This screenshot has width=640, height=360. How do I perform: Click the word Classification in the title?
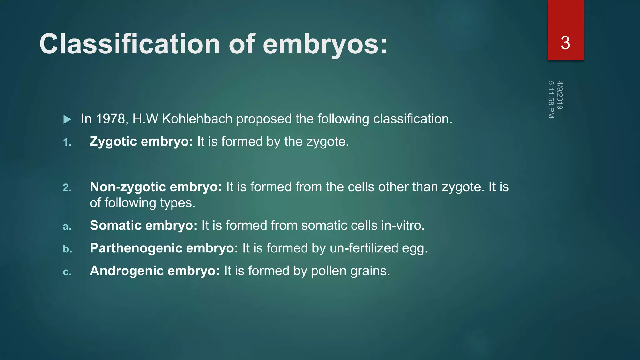point(129,44)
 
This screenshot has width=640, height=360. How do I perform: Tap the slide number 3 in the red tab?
point(565,43)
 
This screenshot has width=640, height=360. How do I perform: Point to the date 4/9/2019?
point(560,95)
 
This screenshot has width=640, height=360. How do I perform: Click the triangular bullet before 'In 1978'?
point(67,119)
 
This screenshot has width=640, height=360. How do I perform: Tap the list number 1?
point(67,142)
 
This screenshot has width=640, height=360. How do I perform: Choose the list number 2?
point(67,187)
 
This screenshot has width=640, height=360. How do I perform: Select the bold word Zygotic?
point(113,142)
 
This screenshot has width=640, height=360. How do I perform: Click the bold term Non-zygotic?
point(128,187)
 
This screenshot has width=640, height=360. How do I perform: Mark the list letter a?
point(67,226)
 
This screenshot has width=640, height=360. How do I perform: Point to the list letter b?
point(67,249)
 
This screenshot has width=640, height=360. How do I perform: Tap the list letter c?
point(67,272)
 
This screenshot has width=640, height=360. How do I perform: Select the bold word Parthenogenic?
point(136,248)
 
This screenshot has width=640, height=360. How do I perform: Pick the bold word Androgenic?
point(127,271)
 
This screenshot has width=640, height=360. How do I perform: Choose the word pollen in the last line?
point(329,271)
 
